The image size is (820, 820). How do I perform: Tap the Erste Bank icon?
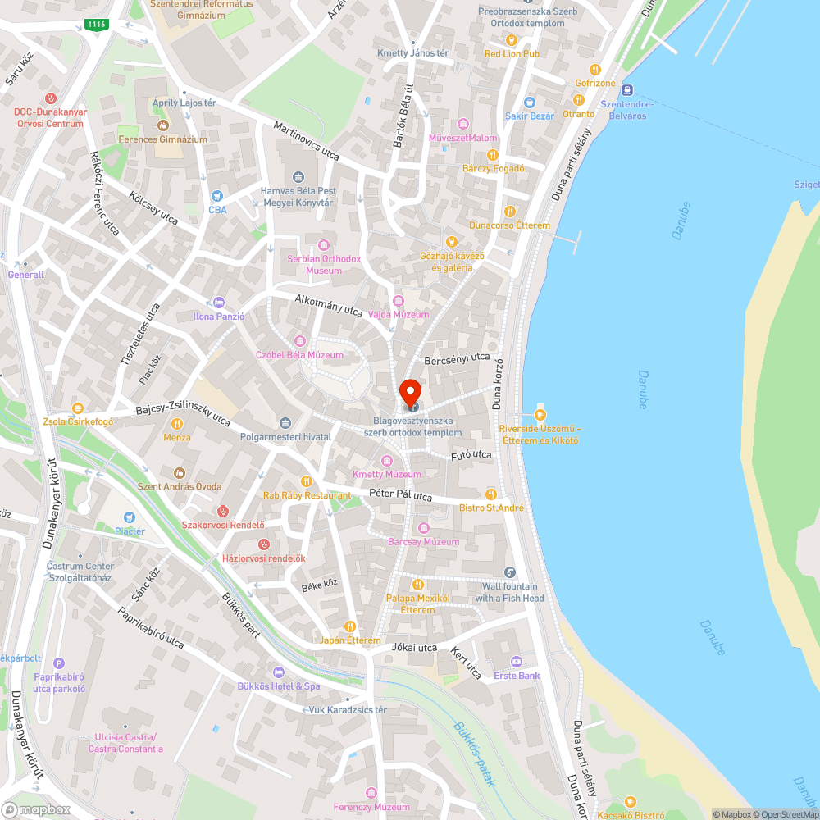tap(517, 662)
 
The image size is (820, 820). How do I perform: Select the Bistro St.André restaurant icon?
tap(491, 494)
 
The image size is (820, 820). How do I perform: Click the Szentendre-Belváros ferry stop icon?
tap(628, 90)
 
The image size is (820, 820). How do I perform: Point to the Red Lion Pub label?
tap(512, 54)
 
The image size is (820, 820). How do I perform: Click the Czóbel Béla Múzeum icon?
tap(300, 341)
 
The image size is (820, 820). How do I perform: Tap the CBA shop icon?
tap(217, 196)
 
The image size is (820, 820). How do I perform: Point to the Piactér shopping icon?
tap(130, 517)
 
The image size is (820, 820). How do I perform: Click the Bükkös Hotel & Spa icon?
tap(278, 672)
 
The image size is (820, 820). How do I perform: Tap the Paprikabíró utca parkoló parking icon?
tap(58, 663)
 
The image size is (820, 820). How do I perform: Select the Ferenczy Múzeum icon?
tap(371, 794)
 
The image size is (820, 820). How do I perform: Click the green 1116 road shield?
tap(96, 25)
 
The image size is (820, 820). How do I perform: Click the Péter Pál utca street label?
tap(400, 495)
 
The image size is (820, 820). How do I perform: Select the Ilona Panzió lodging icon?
tap(217, 303)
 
